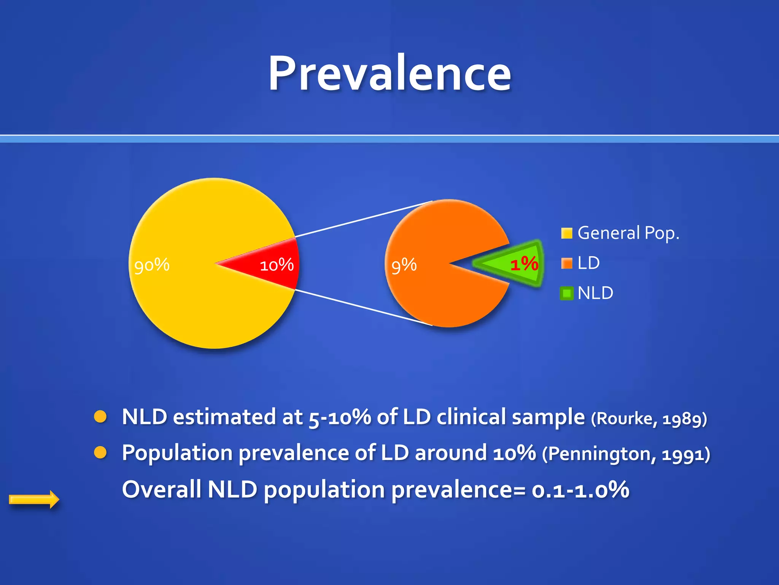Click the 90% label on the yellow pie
(x=152, y=265)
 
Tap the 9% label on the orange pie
(x=404, y=265)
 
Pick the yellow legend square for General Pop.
(x=566, y=233)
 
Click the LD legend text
(x=588, y=263)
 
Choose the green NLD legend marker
(x=566, y=293)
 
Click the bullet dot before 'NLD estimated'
(x=100, y=417)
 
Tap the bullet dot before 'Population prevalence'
(x=100, y=452)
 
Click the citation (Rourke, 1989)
(x=649, y=419)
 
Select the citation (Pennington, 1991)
(x=626, y=454)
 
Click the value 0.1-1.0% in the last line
(x=580, y=490)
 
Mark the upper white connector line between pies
(x=363, y=219)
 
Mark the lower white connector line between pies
(x=363, y=307)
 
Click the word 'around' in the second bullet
(x=450, y=453)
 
